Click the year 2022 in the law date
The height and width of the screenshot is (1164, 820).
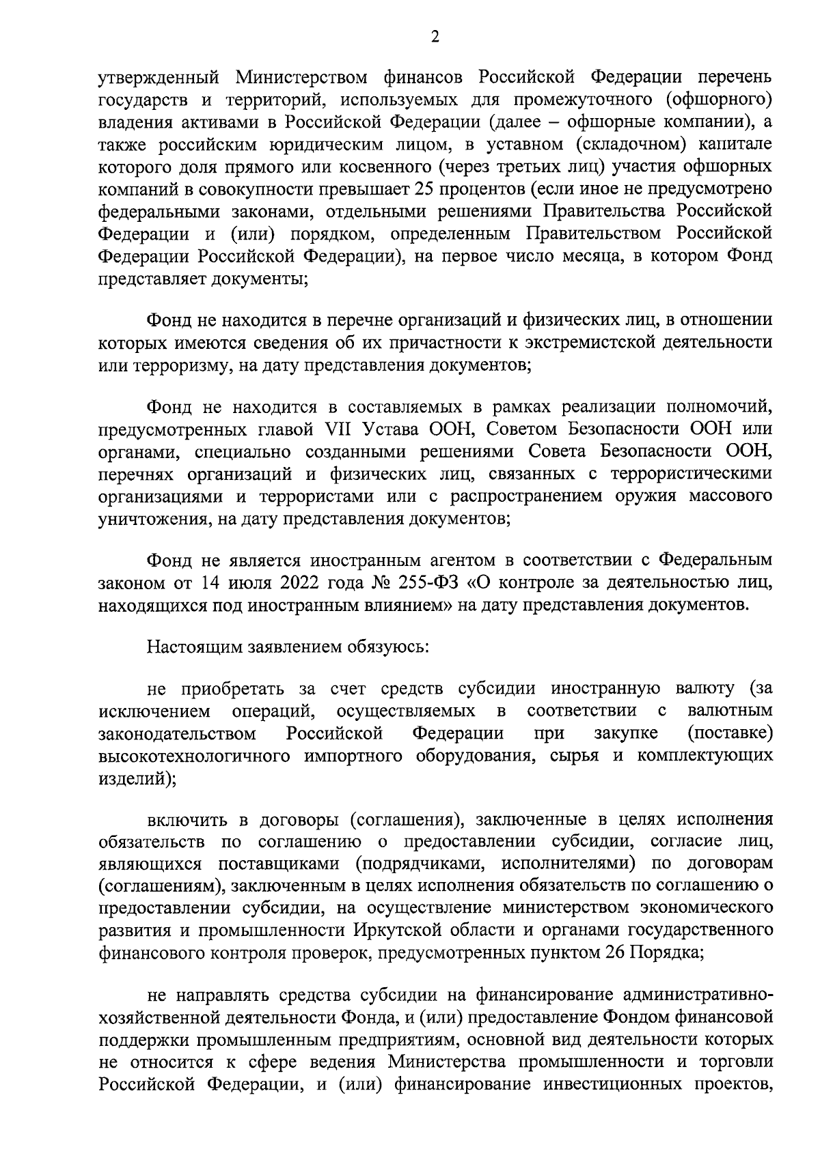pos(275,584)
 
